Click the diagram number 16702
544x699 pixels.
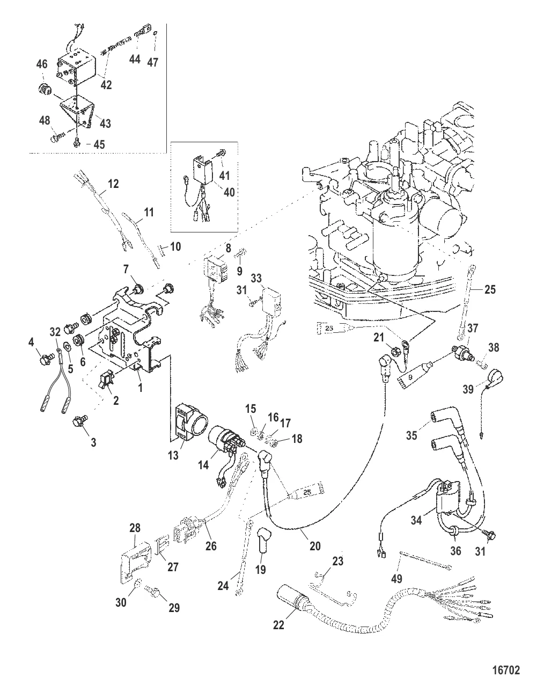pyautogui.click(x=506, y=671)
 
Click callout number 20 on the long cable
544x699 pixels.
pyautogui.click(x=314, y=546)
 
